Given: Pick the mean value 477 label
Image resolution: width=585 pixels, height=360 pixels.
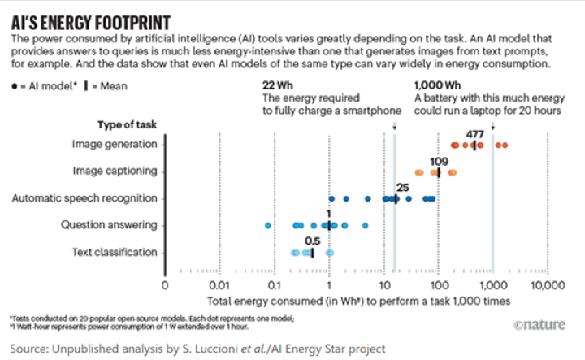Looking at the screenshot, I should click(476, 133).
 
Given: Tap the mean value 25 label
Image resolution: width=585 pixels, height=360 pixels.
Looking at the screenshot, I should click(401, 188).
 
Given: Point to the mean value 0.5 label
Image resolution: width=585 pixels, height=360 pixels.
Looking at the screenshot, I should click(311, 241).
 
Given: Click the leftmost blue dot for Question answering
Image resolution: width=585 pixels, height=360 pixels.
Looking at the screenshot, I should click(268, 225).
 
